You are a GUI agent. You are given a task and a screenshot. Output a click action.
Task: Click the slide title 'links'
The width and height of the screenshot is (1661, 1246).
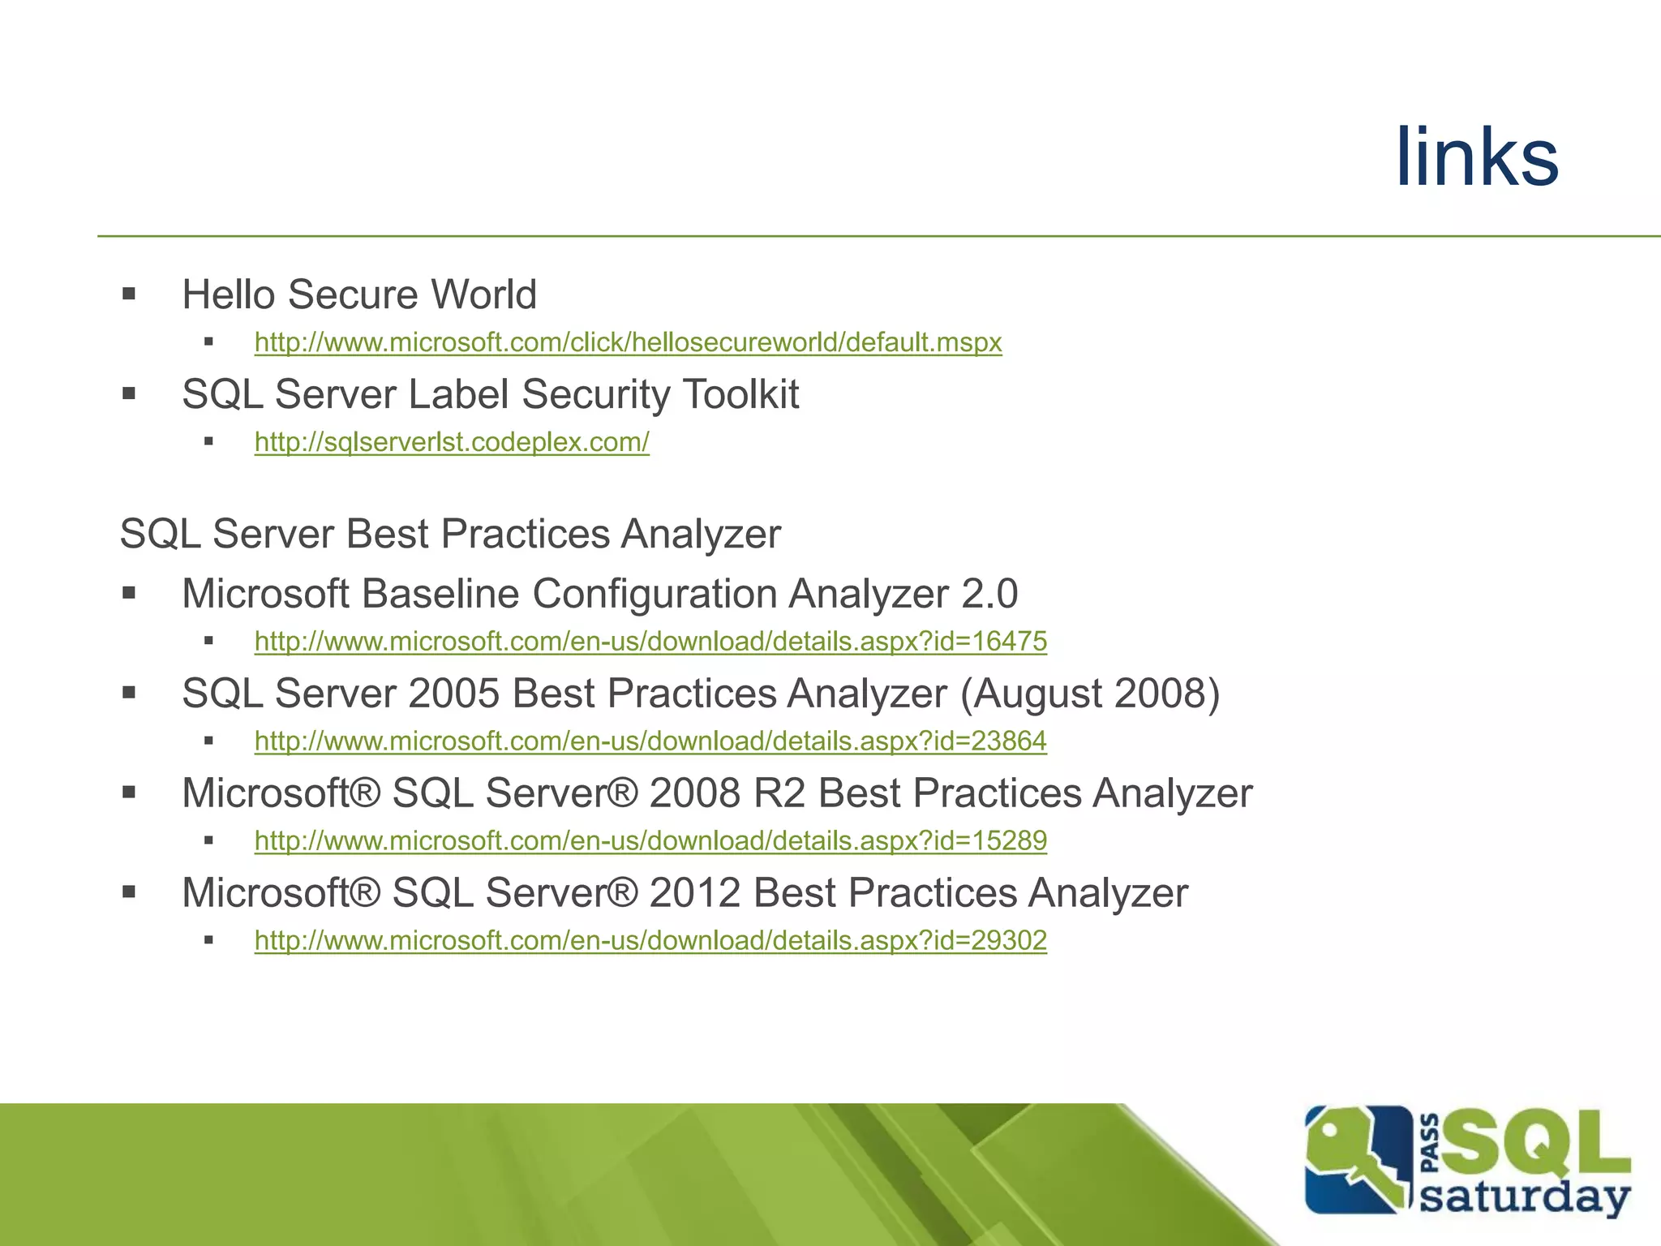click(1476, 157)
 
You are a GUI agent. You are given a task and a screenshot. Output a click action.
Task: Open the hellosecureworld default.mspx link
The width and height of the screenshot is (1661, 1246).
click(628, 342)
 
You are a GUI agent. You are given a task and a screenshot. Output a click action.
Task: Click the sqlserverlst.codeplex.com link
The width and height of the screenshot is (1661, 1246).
click(452, 442)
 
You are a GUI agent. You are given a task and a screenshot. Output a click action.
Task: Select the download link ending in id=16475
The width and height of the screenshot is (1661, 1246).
click(650, 642)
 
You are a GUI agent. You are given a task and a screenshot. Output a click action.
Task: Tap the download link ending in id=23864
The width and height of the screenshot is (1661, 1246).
click(650, 741)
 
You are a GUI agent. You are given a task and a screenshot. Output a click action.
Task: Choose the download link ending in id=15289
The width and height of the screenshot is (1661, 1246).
click(650, 841)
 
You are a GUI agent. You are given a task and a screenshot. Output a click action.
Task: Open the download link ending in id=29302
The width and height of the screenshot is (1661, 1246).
click(650, 941)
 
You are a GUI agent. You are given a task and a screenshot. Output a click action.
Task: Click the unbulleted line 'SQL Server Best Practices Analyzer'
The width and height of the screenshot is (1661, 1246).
click(450, 535)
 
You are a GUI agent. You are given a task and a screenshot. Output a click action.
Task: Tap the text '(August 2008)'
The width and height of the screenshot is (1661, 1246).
click(1090, 694)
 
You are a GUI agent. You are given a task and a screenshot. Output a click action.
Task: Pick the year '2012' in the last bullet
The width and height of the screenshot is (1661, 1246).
click(695, 893)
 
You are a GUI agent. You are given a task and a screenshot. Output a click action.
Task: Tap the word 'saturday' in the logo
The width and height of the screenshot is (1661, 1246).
click(1525, 1197)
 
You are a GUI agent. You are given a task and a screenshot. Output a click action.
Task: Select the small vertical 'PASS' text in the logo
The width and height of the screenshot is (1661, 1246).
click(1431, 1144)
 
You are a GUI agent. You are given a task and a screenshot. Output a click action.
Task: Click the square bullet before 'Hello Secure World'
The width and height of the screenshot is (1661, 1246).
click(129, 294)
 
